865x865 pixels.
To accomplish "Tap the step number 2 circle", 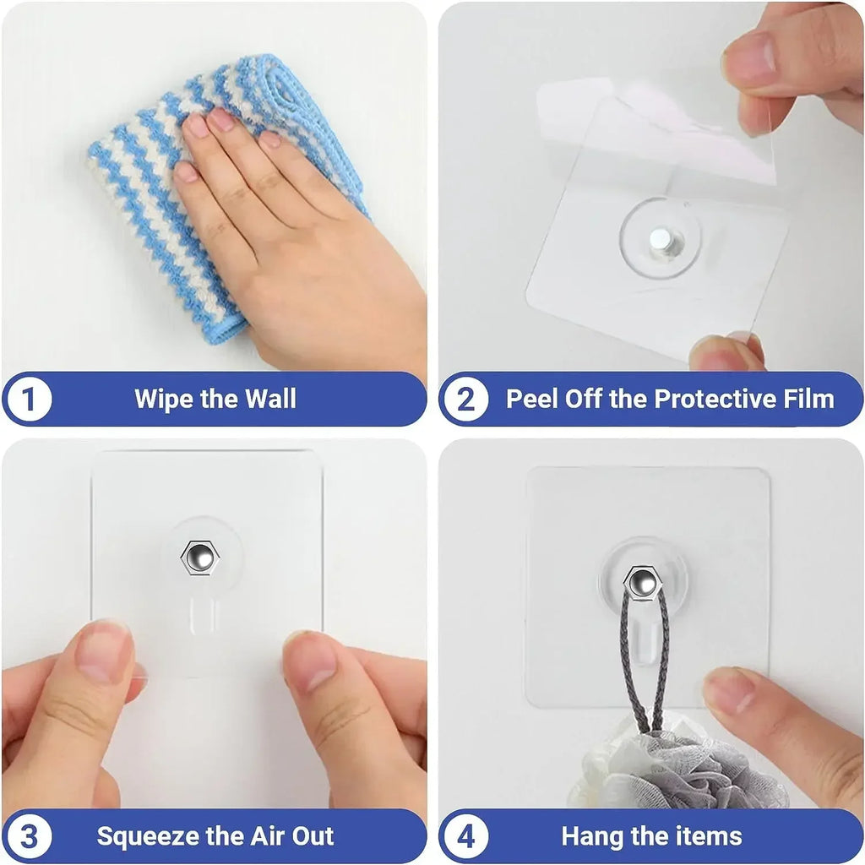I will click(x=466, y=400).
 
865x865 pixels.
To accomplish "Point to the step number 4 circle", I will click(x=466, y=837).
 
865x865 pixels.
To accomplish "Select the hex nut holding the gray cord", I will click(x=643, y=581).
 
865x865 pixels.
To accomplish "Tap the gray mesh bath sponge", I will click(x=676, y=773).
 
